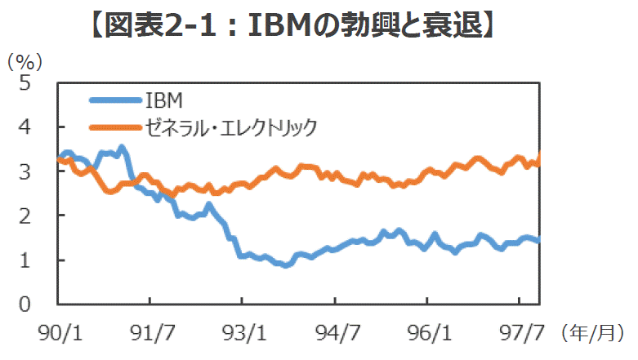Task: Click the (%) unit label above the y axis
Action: click(x=25, y=61)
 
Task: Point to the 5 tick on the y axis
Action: click(x=25, y=82)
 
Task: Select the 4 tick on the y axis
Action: click(x=25, y=127)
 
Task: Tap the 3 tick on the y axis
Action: click(x=25, y=171)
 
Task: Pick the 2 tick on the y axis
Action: click(x=25, y=216)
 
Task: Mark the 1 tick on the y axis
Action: click(x=25, y=260)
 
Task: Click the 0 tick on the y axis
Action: click(x=25, y=304)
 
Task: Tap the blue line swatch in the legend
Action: click(x=114, y=100)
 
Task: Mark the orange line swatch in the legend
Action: click(x=114, y=127)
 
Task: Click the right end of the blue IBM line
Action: click(x=538, y=239)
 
